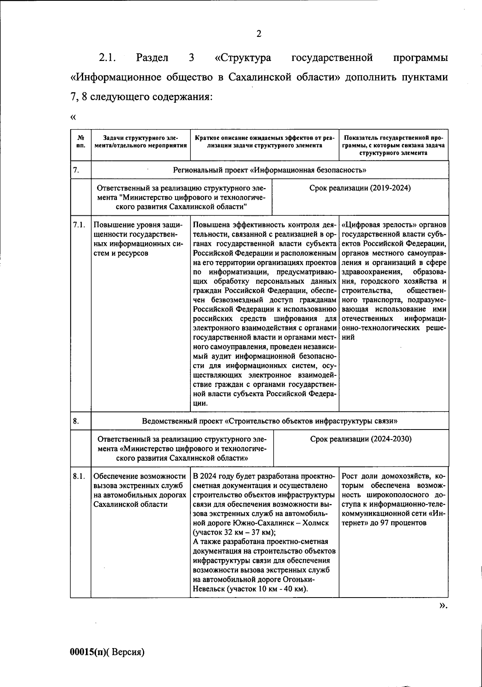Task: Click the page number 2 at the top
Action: pyautogui.click(x=259, y=34)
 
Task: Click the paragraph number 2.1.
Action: pyautogui.click(x=107, y=58)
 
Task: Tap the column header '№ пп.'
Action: pyautogui.click(x=80, y=142)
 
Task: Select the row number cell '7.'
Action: pyautogui.click(x=76, y=170)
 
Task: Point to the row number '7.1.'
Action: pyautogui.click(x=79, y=225)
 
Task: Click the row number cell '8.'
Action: pyautogui.click(x=76, y=421)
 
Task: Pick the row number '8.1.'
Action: pyautogui.click(x=79, y=477)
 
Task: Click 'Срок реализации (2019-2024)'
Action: pyautogui.click(x=360, y=188)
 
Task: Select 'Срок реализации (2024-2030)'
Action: pyautogui.click(x=361, y=439)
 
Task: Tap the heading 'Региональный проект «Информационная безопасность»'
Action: pyautogui.click(x=270, y=170)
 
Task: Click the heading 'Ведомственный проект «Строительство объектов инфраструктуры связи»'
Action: pyautogui.click(x=270, y=421)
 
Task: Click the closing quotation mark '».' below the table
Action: pyautogui.click(x=443, y=617)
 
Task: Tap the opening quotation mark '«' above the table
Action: pyautogui.click(x=73, y=118)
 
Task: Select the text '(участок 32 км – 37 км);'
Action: pyautogui.click(x=234, y=533)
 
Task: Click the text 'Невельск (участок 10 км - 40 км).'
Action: pyautogui.click(x=250, y=589)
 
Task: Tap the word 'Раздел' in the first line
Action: pyautogui.click(x=152, y=58)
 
